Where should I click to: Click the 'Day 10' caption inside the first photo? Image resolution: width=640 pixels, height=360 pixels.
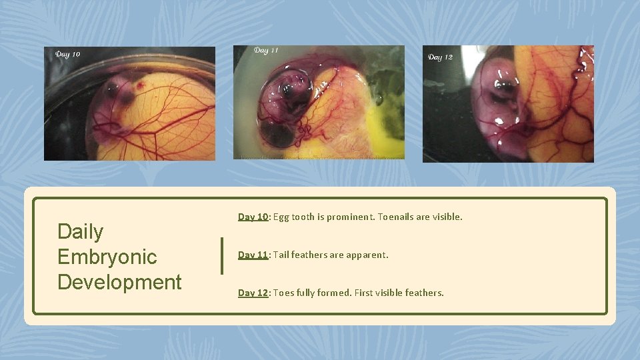(68, 54)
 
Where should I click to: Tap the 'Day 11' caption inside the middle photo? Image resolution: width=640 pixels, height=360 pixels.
(266, 51)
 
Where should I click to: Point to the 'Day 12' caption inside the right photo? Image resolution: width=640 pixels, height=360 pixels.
(440, 57)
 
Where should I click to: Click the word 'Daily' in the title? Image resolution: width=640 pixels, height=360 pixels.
(80, 231)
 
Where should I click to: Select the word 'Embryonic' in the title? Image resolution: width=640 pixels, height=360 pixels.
(107, 257)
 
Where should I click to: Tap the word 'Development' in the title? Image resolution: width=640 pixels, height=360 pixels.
(119, 281)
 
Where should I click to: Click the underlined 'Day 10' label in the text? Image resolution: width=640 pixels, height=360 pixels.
(253, 217)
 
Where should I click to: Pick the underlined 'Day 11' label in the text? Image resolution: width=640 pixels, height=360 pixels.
(253, 255)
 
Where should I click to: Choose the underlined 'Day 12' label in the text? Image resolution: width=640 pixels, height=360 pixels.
(253, 293)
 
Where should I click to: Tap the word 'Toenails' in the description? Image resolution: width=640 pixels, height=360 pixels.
(399, 217)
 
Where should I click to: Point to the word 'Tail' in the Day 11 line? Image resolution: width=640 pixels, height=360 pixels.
(281, 255)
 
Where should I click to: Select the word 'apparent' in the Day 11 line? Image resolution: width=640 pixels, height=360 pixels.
(366, 255)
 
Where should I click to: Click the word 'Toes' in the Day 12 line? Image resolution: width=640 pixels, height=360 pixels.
(283, 293)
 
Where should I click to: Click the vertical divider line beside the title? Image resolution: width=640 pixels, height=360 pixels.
(222, 256)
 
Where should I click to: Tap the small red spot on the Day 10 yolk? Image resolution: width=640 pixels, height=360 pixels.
(140, 86)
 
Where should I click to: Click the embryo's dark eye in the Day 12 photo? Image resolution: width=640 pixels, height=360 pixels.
(505, 86)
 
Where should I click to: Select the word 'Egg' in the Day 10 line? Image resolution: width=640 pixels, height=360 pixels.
(281, 217)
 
